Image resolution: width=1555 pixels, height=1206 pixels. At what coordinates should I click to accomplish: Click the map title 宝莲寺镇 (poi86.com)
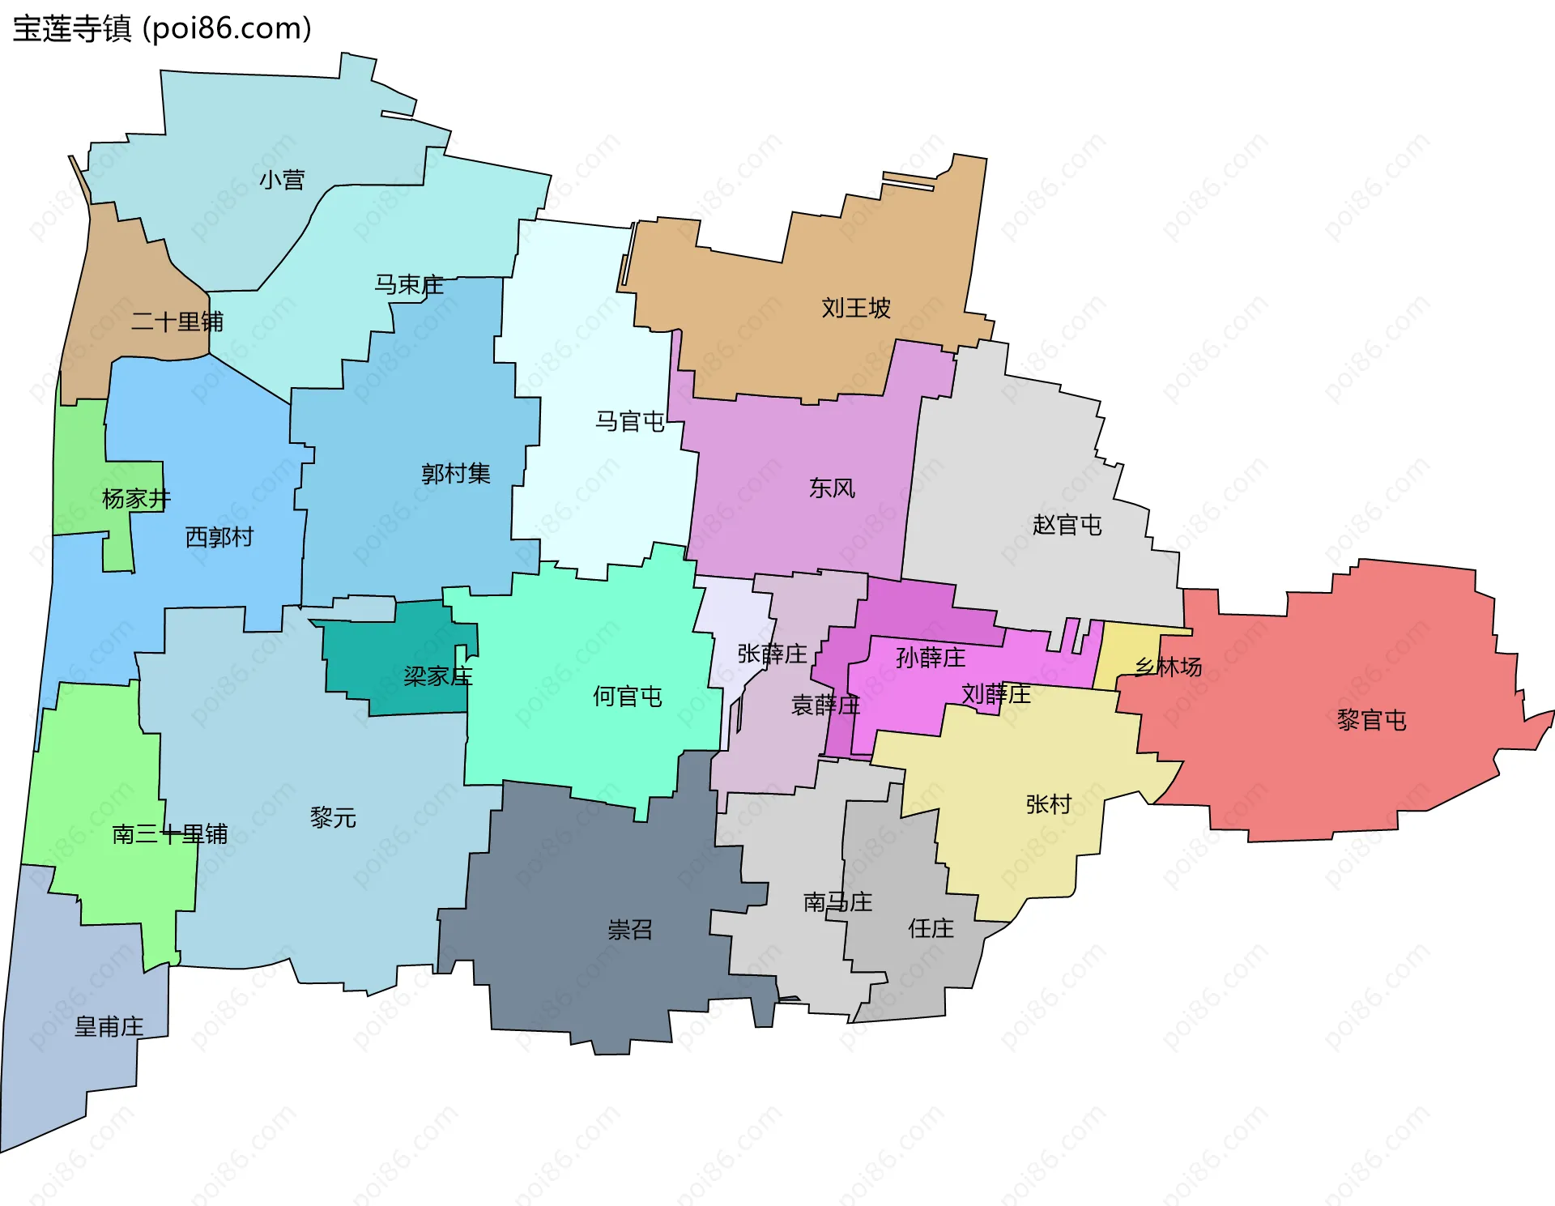[x=162, y=29]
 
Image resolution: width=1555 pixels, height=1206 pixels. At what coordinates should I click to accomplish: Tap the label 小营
[x=282, y=180]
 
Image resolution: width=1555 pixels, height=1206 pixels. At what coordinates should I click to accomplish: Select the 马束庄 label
[x=409, y=285]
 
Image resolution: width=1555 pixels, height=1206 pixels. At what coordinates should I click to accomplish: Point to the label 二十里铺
[x=177, y=322]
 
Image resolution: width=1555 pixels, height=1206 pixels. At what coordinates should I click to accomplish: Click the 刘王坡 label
[x=856, y=309]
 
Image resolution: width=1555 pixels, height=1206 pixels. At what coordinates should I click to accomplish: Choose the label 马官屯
[x=630, y=422]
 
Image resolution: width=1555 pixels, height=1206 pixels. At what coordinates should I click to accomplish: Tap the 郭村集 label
[x=456, y=474]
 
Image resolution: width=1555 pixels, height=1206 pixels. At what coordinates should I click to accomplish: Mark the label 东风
[x=832, y=488]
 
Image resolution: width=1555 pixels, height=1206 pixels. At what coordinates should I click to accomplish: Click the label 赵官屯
[x=1067, y=526]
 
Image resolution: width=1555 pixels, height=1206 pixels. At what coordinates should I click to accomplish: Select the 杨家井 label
[x=136, y=499]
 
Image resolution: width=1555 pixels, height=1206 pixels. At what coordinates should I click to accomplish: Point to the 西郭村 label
[x=219, y=537]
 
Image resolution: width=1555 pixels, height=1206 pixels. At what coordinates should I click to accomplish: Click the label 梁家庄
[x=438, y=676]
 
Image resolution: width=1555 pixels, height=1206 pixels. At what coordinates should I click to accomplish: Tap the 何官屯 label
[x=628, y=697]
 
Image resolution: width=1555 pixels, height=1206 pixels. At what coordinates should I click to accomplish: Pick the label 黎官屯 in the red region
[x=1371, y=720]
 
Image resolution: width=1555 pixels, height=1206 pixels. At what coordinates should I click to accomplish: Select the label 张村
[x=1049, y=804]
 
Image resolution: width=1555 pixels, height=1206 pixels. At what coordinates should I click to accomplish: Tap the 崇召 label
[x=630, y=930]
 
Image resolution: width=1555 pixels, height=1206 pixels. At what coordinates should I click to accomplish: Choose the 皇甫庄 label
[x=109, y=1027]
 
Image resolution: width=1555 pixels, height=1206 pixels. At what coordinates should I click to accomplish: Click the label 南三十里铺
[x=170, y=834]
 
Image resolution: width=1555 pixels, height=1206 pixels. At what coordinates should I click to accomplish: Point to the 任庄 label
[x=931, y=928]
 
